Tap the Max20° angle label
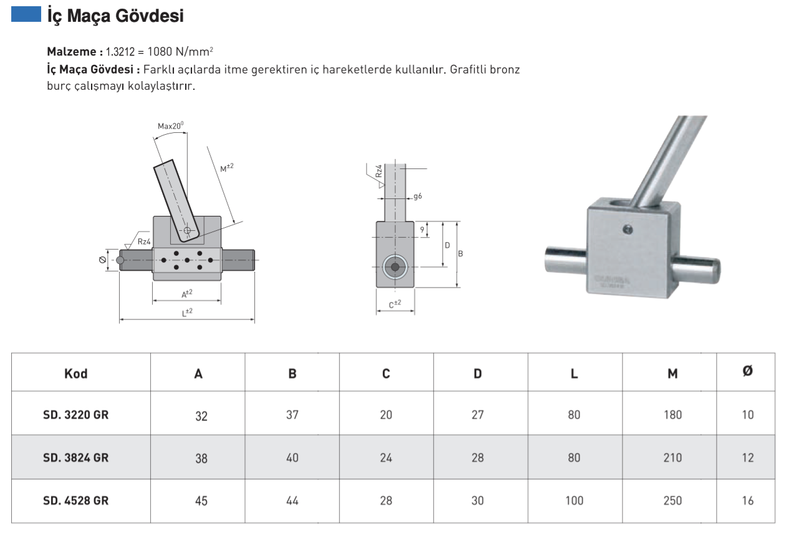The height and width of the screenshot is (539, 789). [x=170, y=125]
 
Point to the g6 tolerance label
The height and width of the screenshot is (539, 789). [x=418, y=196]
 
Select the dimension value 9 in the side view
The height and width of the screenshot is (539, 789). [x=423, y=230]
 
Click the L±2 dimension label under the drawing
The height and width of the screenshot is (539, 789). [x=187, y=313]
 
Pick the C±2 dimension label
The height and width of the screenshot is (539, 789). [x=394, y=304]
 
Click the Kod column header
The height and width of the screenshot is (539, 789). [x=76, y=374]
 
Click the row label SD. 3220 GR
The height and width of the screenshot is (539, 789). [x=76, y=415]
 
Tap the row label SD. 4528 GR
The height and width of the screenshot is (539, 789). [x=76, y=500]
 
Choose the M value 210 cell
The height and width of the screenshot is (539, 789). [x=672, y=458]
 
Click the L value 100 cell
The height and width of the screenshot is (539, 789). [x=574, y=500]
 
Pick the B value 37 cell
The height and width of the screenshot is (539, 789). [x=292, y=415]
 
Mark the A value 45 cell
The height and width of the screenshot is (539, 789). [x=201, y=501]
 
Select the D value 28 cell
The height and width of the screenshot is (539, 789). [x=477, y=458]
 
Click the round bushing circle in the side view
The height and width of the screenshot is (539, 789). [x=394, y=267]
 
